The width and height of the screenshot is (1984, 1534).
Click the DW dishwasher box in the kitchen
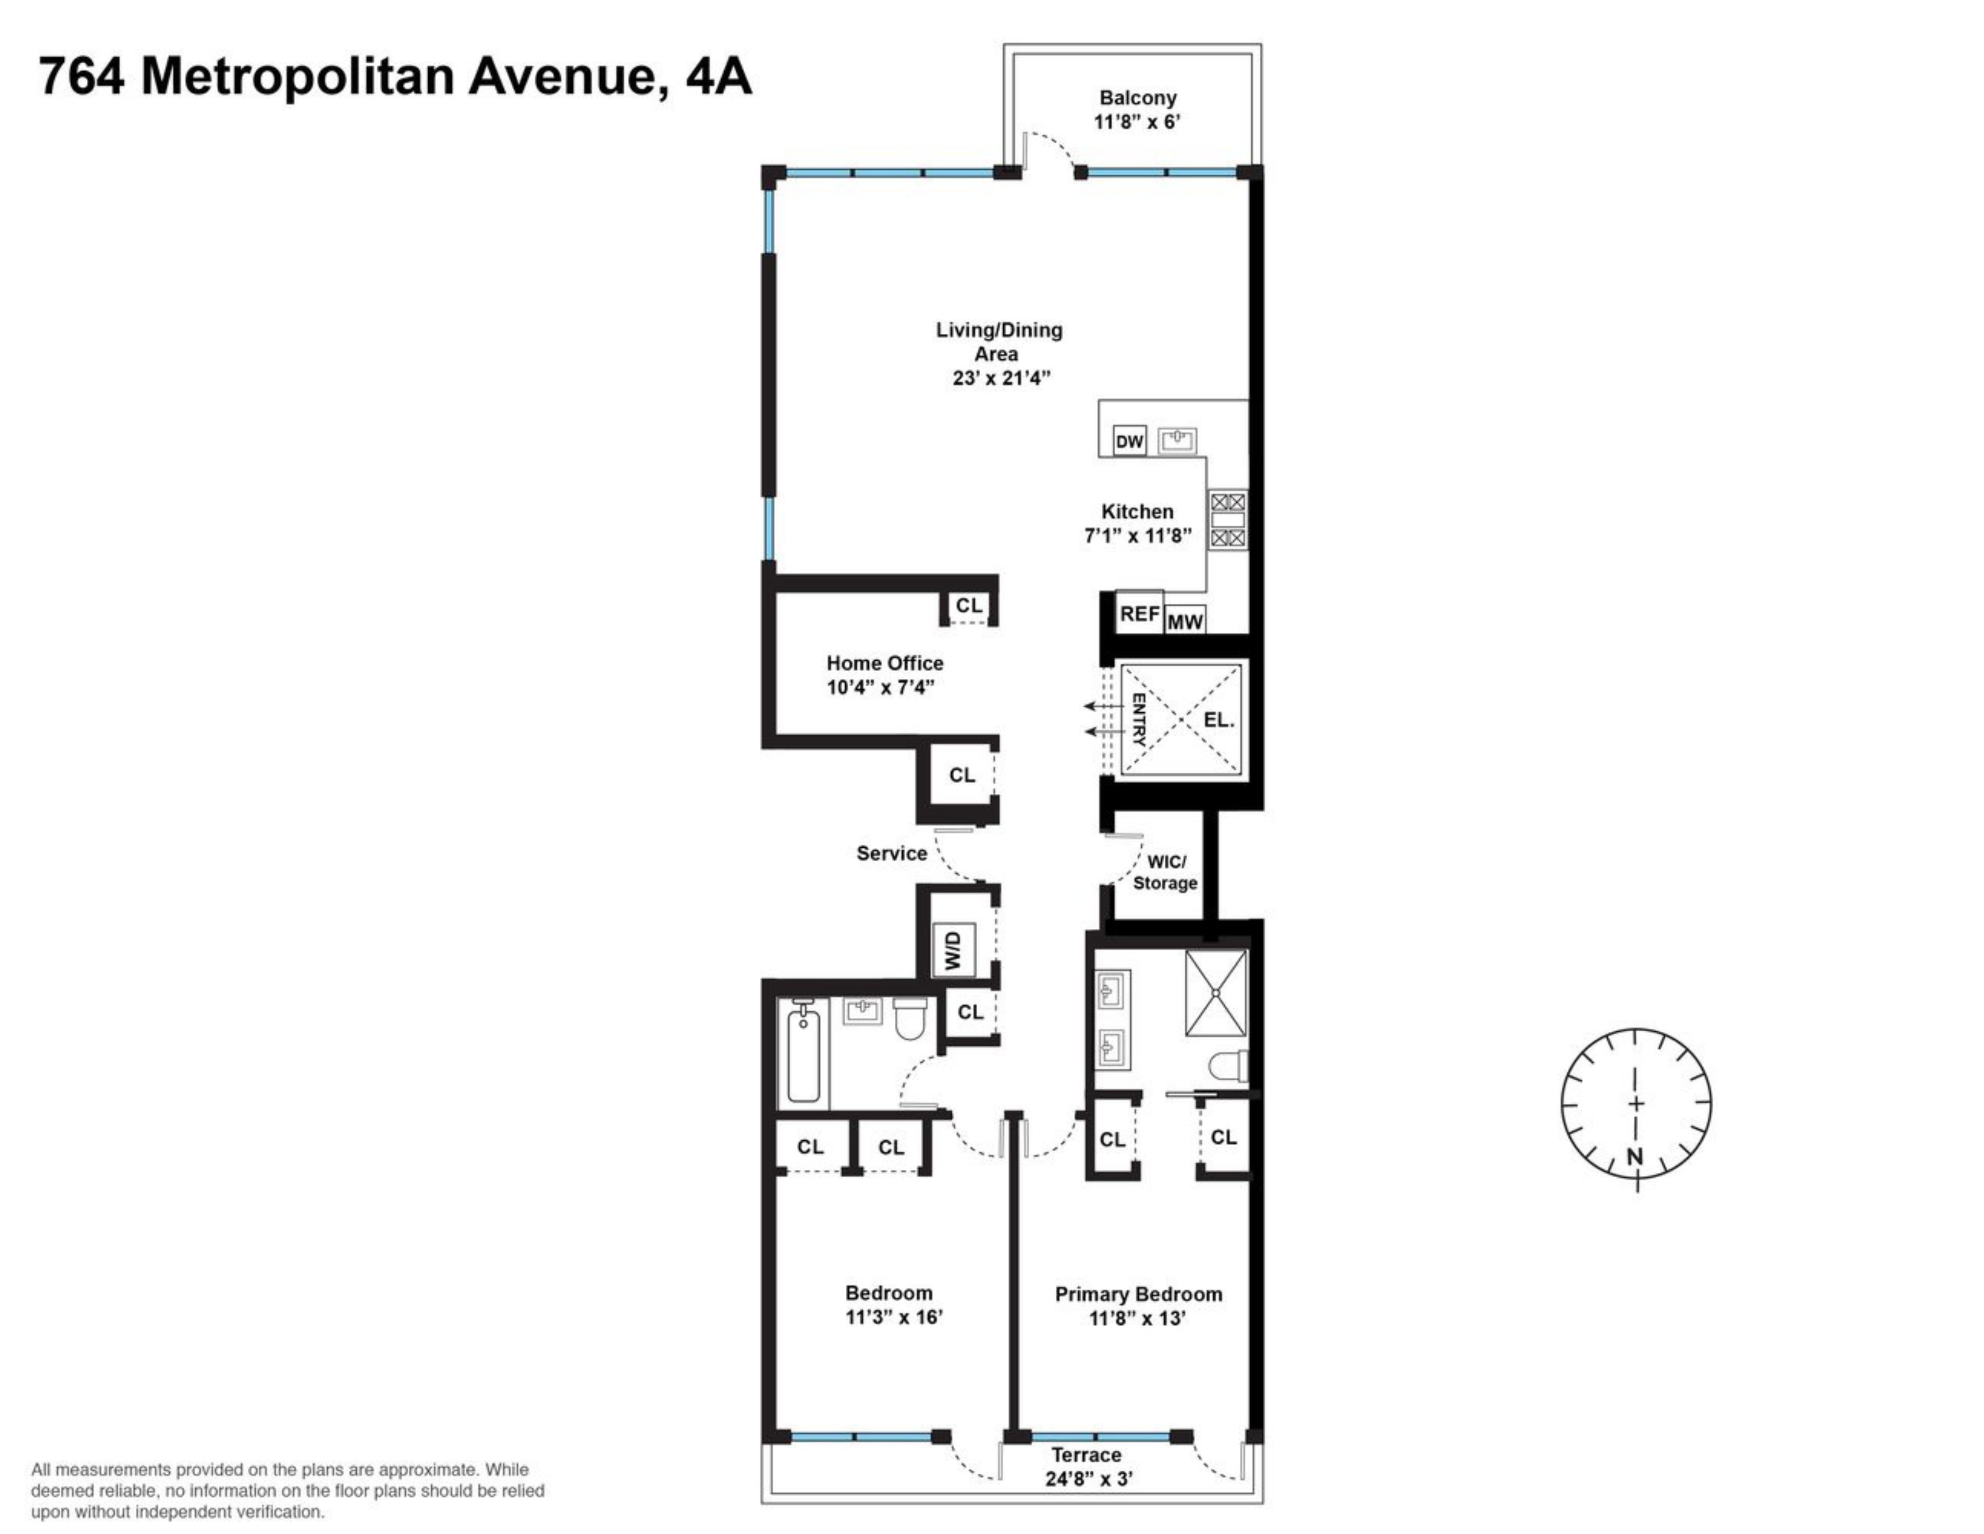point(1129,442)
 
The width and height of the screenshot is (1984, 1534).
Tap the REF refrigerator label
point(1139,614)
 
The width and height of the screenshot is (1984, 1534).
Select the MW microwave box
point(1185,621)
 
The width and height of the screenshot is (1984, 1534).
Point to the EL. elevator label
point(1218,720)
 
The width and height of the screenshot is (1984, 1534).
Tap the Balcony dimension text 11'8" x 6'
point(1137,122)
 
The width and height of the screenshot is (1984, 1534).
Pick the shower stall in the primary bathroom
point(1216,993)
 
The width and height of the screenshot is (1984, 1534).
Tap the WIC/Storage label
point(1166,872)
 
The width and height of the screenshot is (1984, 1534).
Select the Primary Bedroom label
point(1138,1294)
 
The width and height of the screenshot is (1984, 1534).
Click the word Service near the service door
point(891,853)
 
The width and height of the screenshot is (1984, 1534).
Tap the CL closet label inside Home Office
point(968,605)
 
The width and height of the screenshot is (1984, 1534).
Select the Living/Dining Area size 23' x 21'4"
point(1000,378)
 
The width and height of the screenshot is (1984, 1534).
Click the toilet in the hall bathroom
point(910,1019)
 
